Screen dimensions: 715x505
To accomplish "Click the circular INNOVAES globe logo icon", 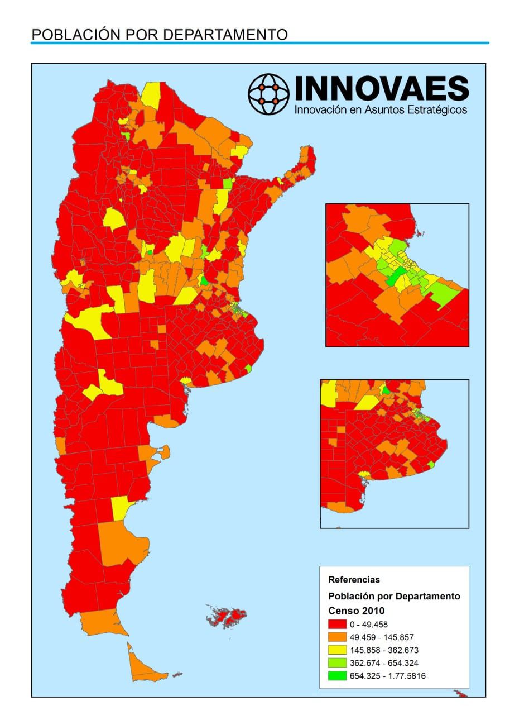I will coord(269,94).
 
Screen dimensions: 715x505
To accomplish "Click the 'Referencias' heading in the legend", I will coord(354,580).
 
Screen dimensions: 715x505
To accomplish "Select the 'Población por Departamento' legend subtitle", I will coord(395,596).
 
